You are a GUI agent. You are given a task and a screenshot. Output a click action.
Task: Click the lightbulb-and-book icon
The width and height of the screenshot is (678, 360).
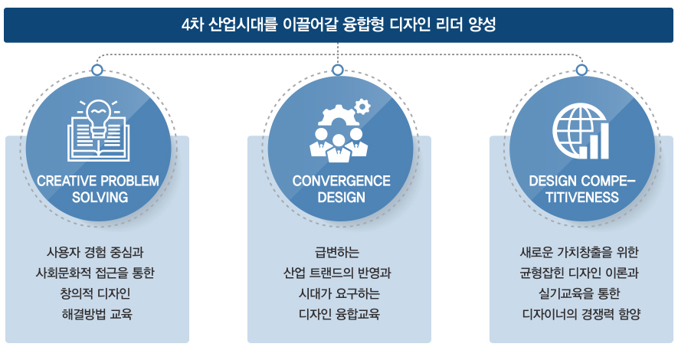pyautogui.click(x=97, y=130)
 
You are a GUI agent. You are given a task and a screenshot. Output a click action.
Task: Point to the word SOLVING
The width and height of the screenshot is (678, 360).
pyautogui.click(x=97, y=198)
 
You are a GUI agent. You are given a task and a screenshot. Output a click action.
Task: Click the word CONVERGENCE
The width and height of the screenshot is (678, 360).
pyautogui.click(x=340, y=182)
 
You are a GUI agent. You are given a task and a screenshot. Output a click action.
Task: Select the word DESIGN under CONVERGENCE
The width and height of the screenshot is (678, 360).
pyautogui.click(x=340, y=198)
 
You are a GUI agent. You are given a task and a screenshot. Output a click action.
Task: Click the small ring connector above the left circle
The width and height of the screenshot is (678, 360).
pyautogui.click(x=97, y=70)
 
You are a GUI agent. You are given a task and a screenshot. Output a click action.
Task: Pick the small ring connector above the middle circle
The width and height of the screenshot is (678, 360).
pyautogui.click(x=339, y=70)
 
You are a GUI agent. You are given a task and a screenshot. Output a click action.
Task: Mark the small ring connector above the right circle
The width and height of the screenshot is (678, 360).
pyautogui.click(x=581, y=70)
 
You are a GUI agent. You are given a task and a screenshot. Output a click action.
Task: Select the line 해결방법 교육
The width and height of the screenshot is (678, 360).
pyautogui.click(x=97, y=313)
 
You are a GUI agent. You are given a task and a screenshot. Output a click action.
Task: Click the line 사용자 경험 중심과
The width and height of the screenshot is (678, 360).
pyautogui.click(x=97, y=252)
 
